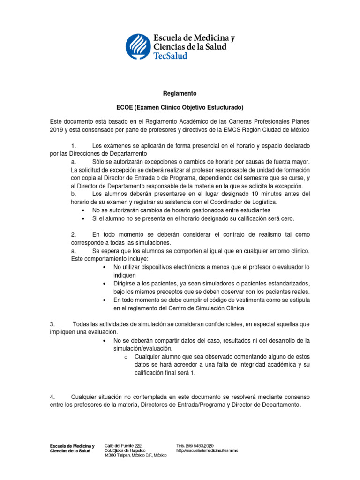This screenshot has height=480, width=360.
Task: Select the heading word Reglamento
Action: (180, 93)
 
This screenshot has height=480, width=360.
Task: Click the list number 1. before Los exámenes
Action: (74, 146)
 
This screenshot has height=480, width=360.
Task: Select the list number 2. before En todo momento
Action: (74, 234)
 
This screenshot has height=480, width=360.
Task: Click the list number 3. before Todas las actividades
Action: (52, 324)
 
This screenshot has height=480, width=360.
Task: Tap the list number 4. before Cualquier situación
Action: (52, 397)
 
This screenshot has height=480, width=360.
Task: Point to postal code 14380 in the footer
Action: (111, 456)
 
